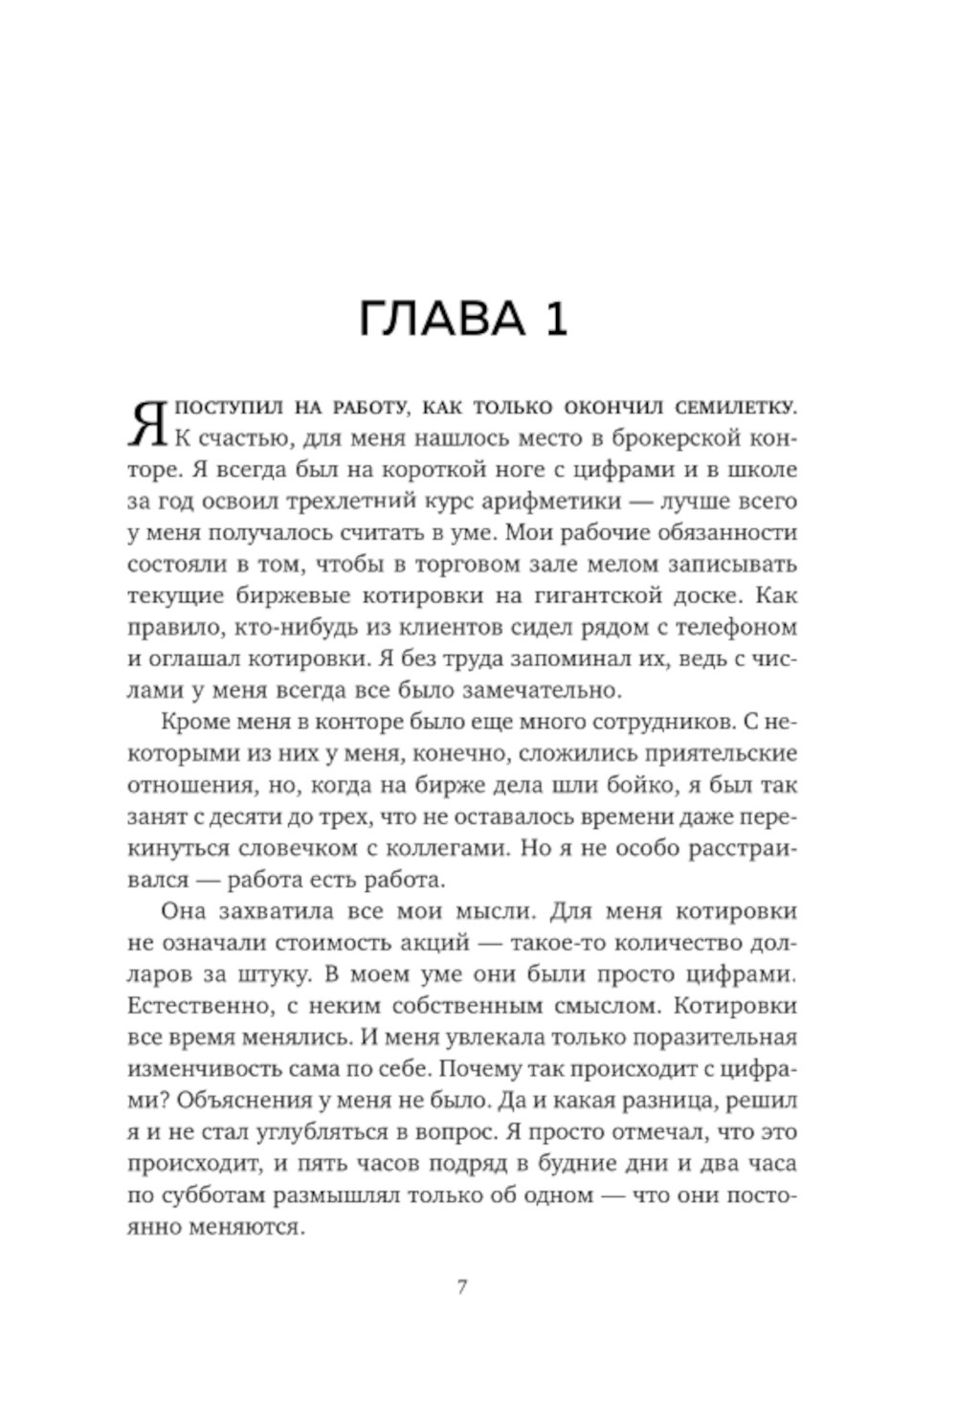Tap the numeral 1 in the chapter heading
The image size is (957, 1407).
point(555,319)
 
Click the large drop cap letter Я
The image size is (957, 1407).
point(147,425)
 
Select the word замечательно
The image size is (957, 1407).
point(531,689)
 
